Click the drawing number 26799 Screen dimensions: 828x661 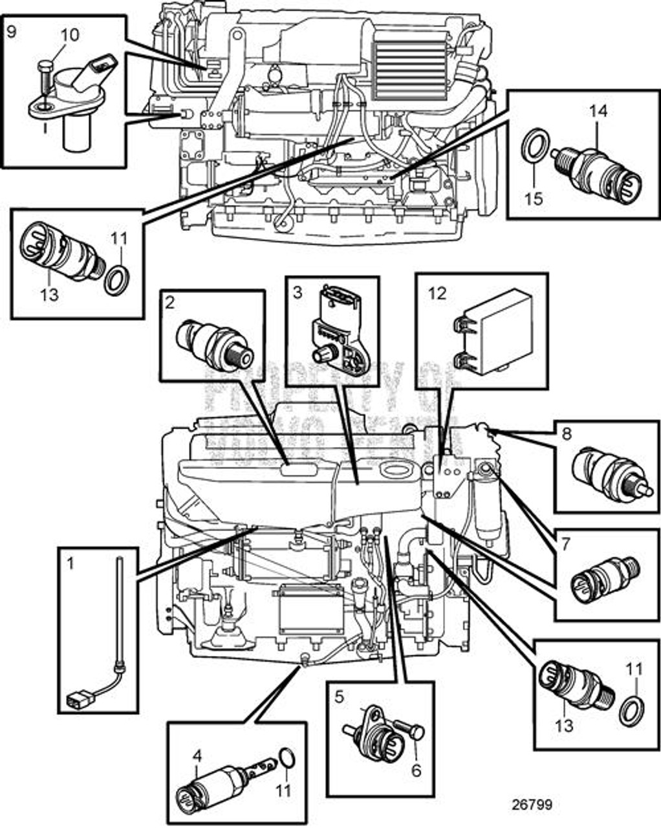532,805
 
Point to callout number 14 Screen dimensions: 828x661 598,111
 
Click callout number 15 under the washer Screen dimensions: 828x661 534,198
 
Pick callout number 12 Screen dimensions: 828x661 437,293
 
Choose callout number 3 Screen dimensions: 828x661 298,292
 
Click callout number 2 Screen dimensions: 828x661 169,302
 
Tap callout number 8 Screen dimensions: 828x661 567,433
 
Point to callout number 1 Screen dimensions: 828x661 70,563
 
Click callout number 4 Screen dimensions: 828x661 197,754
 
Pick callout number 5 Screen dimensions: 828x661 340,697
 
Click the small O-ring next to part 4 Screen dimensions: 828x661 285,756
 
